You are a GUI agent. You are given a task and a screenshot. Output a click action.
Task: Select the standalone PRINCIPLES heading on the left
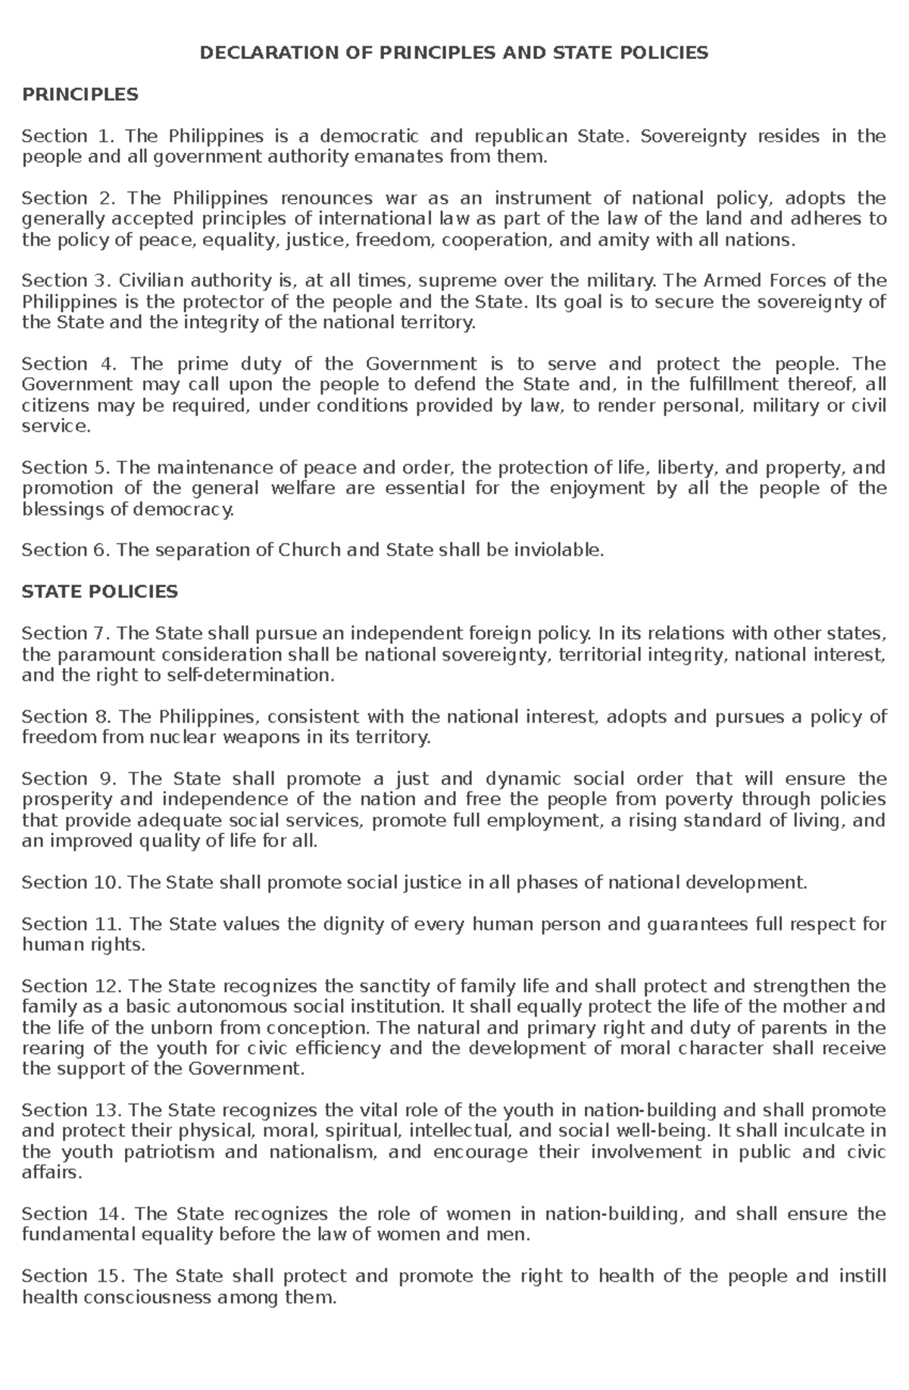tap(80, 95)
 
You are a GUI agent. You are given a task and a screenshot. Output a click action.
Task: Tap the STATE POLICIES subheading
tap(99, 592)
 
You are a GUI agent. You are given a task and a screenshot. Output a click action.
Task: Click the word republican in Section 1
tap(520, 136)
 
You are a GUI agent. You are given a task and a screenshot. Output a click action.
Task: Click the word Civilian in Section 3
tap(148, 281)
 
